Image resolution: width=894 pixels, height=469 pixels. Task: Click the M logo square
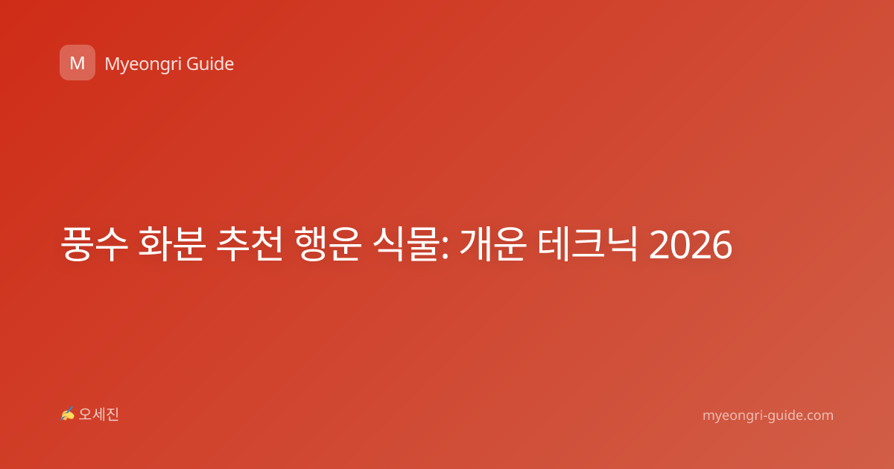[77, 63]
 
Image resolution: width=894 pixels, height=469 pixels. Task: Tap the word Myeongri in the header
[142, 65]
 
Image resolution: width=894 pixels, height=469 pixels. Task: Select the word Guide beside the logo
[210, 64]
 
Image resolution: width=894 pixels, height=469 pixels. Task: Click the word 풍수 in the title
[94, 244]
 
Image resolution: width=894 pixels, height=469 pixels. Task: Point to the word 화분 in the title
[172, 244]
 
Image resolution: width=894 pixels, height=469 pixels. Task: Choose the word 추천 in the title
[250, 244]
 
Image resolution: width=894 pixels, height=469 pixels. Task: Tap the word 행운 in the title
[328, 244]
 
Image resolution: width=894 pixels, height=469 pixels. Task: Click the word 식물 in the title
[405, 244]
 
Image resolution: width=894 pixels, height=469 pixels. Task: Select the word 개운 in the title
[493, 244]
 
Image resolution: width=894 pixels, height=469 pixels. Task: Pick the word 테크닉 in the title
[588, 244]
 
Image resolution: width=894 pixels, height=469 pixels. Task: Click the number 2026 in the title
[691, 245]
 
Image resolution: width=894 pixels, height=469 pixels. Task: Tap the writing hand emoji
[68, 414]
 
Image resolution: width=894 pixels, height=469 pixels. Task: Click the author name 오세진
[98, 415]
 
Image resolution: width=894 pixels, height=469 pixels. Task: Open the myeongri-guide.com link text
[768, 415]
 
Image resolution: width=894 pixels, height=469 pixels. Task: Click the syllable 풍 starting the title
[77, 244]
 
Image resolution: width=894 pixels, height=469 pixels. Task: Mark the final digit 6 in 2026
[722, 245]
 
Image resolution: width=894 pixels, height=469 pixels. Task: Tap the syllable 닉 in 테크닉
[621, 244]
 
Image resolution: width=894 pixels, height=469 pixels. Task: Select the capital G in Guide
[193, 64]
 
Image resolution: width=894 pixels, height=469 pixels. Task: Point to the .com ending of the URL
[818, 415]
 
